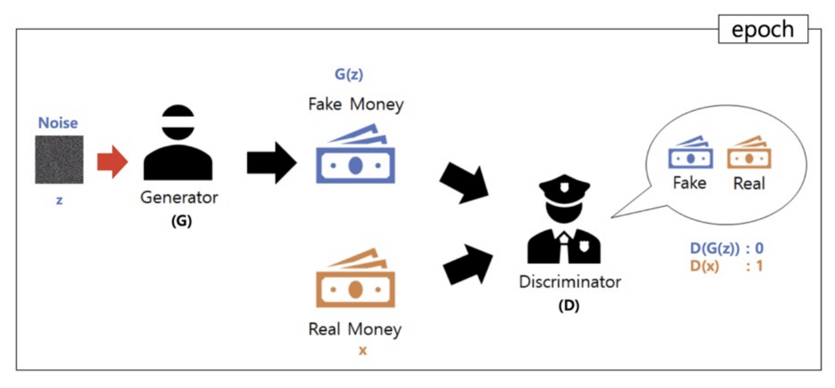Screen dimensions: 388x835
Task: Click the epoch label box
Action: (x=763, y=30)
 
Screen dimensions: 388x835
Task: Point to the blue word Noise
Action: (x=58, y=123)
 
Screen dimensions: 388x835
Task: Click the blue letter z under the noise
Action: (x=59, y=201)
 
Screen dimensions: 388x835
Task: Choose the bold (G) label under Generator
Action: (x=182, y=221)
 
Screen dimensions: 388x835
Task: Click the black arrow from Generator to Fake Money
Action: (x=271, y=162)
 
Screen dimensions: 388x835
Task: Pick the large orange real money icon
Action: (x=354, y=279)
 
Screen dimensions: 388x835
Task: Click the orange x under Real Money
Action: (x=363, y=351)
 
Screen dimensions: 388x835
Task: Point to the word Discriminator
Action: (x=569, y=282)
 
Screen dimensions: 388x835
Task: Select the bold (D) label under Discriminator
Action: (x=569, y=306)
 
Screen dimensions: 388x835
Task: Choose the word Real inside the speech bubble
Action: (x=749, y=184)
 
